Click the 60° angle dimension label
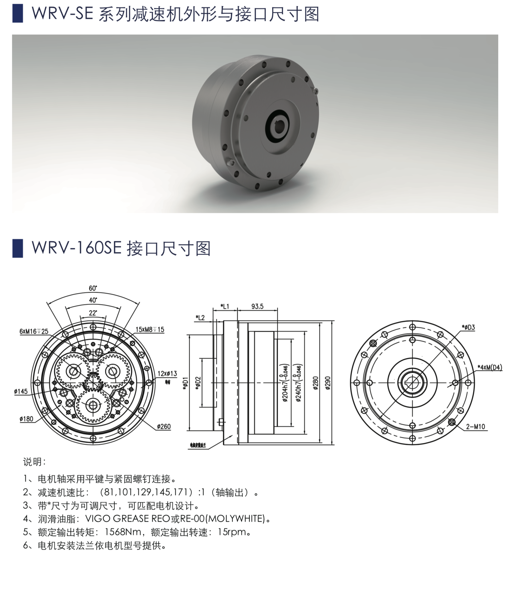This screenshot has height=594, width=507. click(x=93, y=288)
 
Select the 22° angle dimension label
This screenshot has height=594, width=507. click(x=93, y=313)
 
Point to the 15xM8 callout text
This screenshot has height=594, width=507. click(x=150, y=330)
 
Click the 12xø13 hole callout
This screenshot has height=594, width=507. click(x=167, y=373)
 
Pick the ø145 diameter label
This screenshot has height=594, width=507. click(x=21, y=391)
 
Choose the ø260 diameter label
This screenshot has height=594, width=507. click(x=164, y=427)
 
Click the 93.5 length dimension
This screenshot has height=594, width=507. click(x=257, y=306)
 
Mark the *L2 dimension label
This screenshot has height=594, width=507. click(x=200, y=317)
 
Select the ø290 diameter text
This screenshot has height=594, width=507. click(x=328, y=383)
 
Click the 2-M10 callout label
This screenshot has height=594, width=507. click(x=475, y=427)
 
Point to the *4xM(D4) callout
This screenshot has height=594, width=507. click(x=489, y=367)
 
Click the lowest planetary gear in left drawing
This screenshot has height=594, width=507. click(x=93, y=405)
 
